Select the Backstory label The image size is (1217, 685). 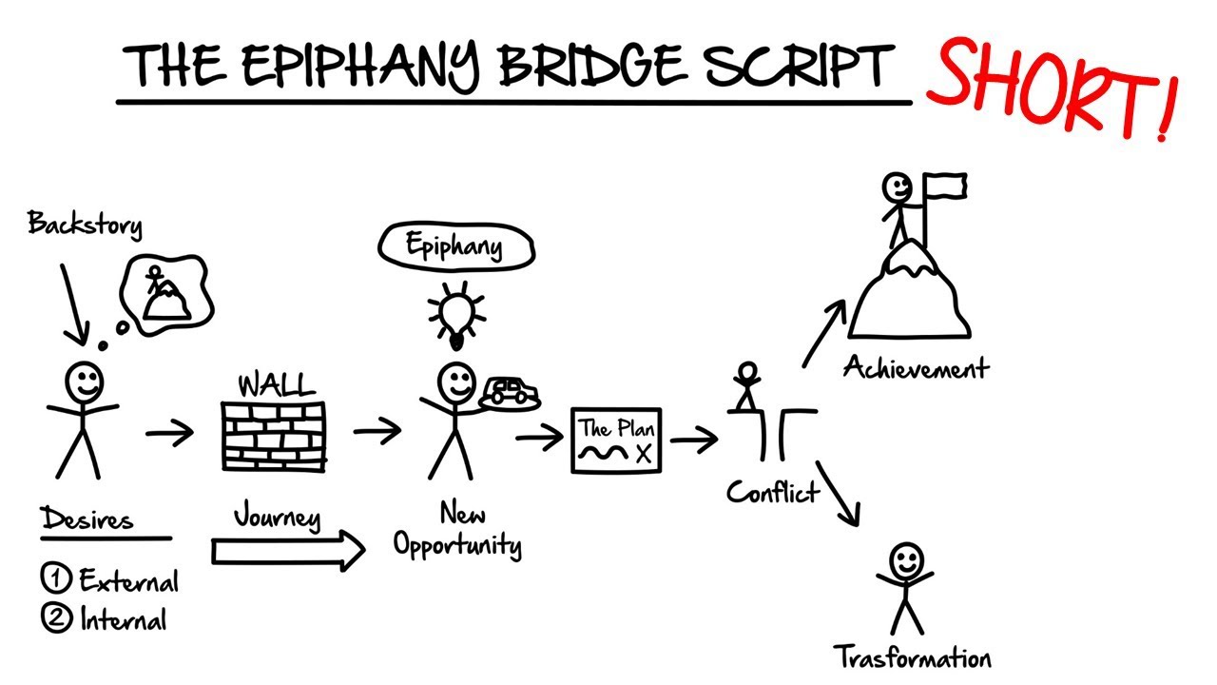85,225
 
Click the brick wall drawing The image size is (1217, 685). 273,434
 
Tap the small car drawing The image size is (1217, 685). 510,391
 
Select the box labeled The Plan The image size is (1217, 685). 616,440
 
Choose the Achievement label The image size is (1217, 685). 916,367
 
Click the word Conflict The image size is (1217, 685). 772,492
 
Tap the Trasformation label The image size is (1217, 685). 912,657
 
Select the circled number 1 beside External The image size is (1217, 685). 54,577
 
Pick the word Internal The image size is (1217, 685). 123,620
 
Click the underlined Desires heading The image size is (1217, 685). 87,520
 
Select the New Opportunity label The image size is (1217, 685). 457,531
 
